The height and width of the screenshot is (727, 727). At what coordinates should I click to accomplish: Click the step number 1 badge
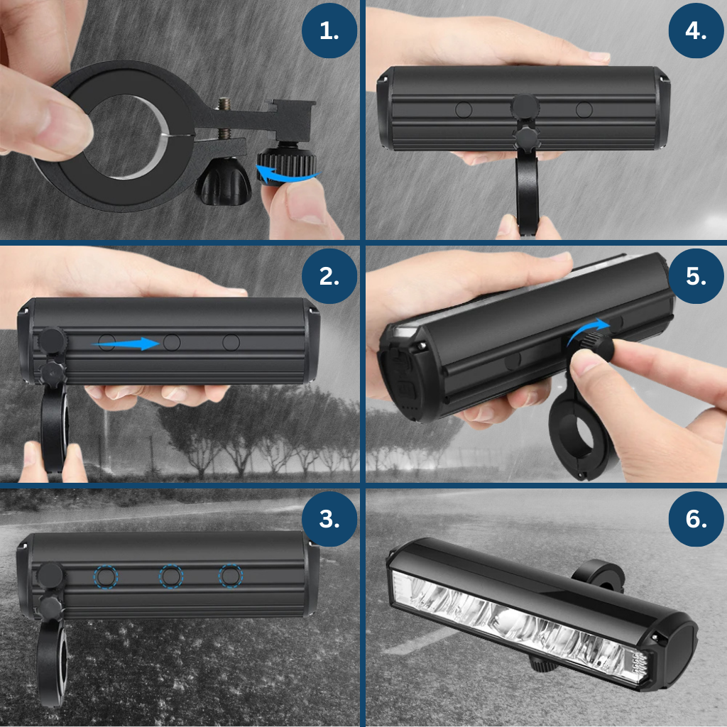point(329,31)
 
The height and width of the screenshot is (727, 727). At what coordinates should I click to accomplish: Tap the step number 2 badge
point(329,276)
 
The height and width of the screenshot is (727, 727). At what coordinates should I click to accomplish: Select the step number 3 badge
point(329,519)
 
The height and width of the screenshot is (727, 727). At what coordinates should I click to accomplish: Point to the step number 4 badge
point(696,31)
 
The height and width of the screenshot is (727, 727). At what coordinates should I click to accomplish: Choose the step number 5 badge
point(696,276)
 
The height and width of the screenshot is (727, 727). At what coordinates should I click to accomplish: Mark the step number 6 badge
point(696,519)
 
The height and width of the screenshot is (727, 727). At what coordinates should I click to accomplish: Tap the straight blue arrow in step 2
point(126,344)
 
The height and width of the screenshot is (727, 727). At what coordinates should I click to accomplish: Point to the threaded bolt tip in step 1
point(225,102)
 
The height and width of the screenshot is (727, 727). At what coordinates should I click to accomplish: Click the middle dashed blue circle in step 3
point(171,576)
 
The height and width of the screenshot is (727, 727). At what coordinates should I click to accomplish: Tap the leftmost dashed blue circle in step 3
point(106,576)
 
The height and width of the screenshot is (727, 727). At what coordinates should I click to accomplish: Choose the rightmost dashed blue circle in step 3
point(231,576)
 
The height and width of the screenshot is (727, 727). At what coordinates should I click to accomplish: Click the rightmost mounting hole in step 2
point(231,343)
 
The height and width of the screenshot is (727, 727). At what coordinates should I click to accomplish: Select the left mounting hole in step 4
point(464,110)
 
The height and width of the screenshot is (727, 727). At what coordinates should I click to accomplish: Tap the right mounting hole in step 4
point(584,110)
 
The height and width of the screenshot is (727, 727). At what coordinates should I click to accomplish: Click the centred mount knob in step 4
point(525,106)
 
